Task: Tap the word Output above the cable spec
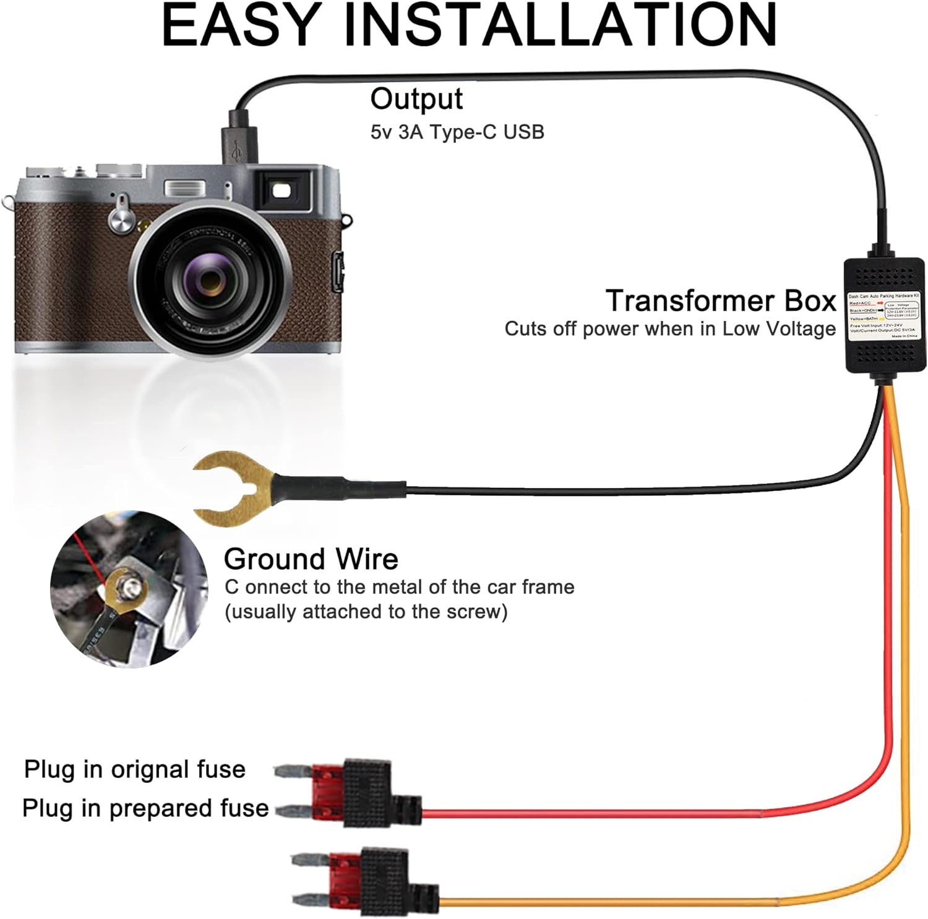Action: point(416,100)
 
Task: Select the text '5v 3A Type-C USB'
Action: point(457,132)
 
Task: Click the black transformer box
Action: point(884,315)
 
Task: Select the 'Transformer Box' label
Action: point(721,301)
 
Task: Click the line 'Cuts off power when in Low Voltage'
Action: point(669,329)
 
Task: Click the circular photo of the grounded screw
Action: point(129,589)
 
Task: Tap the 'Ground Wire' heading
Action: point(311,559)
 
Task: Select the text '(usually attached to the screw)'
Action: point(366,612)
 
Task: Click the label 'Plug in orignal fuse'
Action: point(135,769)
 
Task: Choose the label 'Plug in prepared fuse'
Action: point(145,808)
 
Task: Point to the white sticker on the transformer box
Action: point(884,316)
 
